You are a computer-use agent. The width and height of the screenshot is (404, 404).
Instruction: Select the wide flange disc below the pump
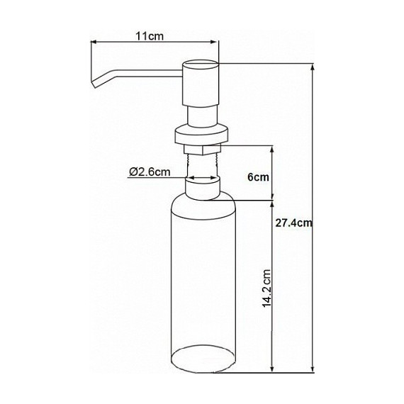(x=203, y=133)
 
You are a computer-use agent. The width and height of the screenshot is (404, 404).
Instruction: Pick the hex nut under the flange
(x=203, y=148)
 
